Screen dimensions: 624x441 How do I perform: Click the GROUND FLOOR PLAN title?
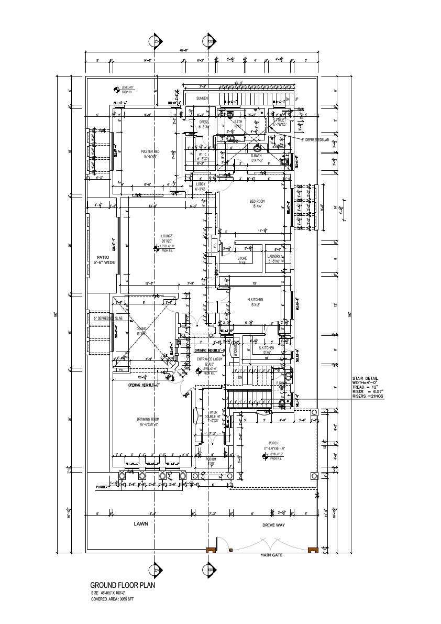point(123,585)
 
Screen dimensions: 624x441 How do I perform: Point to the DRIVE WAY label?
point(273,524)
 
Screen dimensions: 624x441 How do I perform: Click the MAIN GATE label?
point(271,555)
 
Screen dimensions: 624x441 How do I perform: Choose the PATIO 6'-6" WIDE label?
point(102,259)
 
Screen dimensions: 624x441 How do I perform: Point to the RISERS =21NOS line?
point(367,396)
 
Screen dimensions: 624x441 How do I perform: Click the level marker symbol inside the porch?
point(264,457)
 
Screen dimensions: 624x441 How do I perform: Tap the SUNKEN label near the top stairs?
point(202,98)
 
